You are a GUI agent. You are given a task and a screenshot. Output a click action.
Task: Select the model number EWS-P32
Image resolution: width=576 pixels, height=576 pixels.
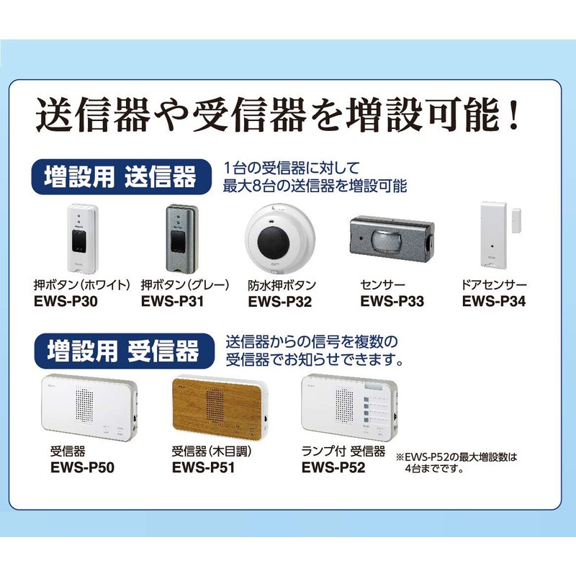click(x=279, y=301)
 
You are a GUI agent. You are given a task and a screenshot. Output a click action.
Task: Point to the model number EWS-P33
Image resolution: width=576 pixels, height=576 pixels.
click(x=392, y=301)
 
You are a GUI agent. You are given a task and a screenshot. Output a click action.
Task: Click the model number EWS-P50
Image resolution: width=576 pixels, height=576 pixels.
click(x=82, y=467)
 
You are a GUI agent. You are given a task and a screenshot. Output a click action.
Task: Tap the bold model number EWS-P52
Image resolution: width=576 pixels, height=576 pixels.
click(x=333, y=467)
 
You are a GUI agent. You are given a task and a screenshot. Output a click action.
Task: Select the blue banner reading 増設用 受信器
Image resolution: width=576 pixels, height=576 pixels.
click(x=122, y=352)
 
